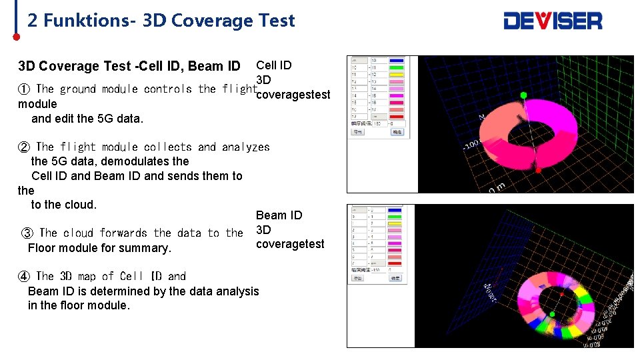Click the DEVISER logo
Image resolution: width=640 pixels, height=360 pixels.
point(553,21)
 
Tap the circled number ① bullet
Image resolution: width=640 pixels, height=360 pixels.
point(24,89)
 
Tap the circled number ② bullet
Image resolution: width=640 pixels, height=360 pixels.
point(24,147)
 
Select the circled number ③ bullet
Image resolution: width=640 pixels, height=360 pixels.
point(27,233)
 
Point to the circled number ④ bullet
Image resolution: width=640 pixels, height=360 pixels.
point(24,276)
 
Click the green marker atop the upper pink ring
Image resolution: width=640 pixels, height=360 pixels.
point(524,95)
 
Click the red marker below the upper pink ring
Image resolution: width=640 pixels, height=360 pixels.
point(539,169)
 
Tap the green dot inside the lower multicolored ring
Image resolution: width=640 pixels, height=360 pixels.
point(552,313)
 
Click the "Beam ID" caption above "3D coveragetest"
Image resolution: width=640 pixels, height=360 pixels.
point(279,215)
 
